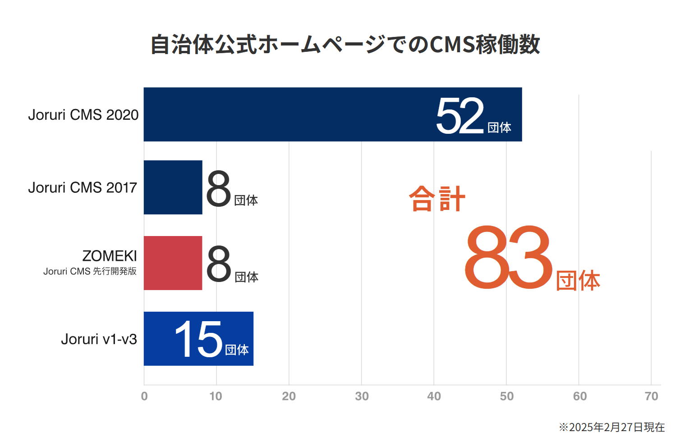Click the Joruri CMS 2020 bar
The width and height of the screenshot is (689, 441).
pos(289,114)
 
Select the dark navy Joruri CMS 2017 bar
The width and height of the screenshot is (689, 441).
pos(173,187)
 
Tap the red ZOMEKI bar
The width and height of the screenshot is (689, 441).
pos(173,263)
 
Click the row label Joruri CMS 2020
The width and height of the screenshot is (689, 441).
pos(83,115)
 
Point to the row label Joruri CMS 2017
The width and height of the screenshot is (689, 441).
pos(83,187)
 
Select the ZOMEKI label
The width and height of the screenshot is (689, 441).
pos(110,256)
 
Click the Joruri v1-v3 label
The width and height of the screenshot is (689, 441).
pos(99,339)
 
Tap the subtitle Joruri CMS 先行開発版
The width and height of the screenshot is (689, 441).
pos(90,271)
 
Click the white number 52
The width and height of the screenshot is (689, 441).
pos(460,116)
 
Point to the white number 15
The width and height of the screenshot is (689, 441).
pos(199,340)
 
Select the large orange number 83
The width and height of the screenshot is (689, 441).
pos(508,258)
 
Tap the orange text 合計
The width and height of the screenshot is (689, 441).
pos(437,199)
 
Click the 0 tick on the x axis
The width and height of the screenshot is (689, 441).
pos(144,396)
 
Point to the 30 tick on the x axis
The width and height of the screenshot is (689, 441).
pos(362,396)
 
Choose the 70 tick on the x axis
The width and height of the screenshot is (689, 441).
pos(651,396)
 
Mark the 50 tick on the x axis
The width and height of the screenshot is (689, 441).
pos(506,396)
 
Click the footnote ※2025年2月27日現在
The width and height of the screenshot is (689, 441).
pos(612,427)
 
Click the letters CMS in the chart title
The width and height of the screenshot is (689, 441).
pos(452,45)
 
